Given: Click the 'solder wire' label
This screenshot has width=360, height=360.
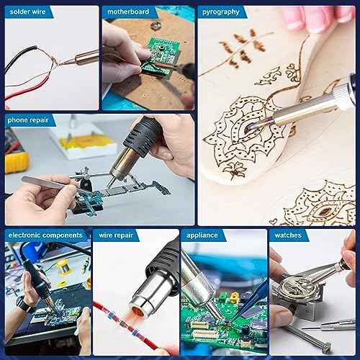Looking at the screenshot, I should [x=27, y=12].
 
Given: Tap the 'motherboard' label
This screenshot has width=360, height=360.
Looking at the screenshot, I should [x=127, y=12].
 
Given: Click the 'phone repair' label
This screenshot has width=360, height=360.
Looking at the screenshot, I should [x=30, y=120].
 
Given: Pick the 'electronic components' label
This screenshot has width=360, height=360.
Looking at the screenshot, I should [x=45, y=235].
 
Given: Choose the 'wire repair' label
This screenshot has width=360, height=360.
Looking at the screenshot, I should [x=114, y=235].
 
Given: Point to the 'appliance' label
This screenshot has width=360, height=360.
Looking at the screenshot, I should [x=203, y=235].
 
